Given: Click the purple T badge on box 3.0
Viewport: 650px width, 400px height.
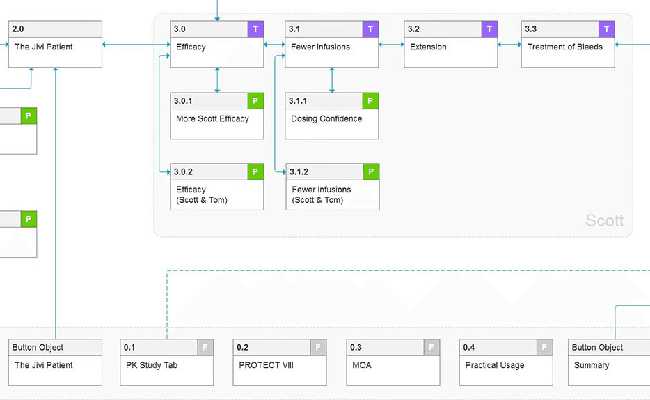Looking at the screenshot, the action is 255,29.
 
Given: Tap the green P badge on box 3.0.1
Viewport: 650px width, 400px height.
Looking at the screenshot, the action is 255,101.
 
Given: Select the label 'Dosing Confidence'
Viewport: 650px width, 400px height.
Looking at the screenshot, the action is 326,118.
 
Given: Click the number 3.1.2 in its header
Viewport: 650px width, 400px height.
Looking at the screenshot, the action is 299,172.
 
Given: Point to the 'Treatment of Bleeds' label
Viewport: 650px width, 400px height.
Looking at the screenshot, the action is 564,47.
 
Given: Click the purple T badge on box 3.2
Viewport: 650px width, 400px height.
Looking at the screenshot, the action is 489,29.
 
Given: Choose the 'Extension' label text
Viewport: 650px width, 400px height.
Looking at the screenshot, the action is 428,47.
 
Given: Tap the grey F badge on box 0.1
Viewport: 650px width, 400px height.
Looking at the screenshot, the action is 205,347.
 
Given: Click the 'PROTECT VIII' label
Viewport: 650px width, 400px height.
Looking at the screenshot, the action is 266,365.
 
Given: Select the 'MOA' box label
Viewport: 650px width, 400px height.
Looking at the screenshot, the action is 361,365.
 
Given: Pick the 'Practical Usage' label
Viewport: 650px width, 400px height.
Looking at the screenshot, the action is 495,365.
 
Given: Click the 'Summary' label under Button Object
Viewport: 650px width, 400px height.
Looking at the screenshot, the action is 592,365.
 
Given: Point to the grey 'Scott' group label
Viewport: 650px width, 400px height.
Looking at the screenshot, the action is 604,220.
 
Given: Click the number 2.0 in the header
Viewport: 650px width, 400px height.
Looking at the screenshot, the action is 18,29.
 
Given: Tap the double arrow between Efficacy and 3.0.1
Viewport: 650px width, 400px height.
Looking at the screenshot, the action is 217,80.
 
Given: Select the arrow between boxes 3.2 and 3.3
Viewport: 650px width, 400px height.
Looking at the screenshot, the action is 509,45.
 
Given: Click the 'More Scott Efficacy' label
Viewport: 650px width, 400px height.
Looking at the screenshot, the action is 212,118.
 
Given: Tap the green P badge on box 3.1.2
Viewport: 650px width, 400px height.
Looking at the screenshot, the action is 371,172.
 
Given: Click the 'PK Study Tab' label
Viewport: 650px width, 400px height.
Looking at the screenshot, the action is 152,365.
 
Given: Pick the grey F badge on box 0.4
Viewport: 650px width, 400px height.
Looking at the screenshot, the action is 545,347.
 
